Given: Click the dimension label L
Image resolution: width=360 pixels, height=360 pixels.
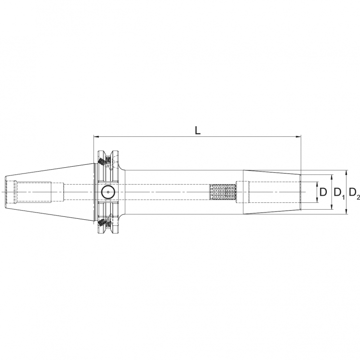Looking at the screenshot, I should click(198, 130).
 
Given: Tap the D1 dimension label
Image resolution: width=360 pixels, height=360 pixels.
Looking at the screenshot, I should click(339, 193).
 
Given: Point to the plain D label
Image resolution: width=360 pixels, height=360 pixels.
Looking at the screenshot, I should click(323, 193).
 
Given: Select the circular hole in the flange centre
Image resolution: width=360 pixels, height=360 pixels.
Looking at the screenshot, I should click(107, 192).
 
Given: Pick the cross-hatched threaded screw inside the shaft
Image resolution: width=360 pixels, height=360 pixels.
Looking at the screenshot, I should click(223, 192).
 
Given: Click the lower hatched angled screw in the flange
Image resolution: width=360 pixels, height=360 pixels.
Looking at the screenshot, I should click(102, 223).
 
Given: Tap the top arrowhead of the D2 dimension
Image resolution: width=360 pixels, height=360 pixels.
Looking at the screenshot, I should click(347, 173).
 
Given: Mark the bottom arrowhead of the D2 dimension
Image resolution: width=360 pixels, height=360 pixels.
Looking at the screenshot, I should click(347, 212).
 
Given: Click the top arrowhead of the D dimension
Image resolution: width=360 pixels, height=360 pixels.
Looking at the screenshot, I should click(317, 184).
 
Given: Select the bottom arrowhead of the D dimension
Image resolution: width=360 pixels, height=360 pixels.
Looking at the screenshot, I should click(317, 201).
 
